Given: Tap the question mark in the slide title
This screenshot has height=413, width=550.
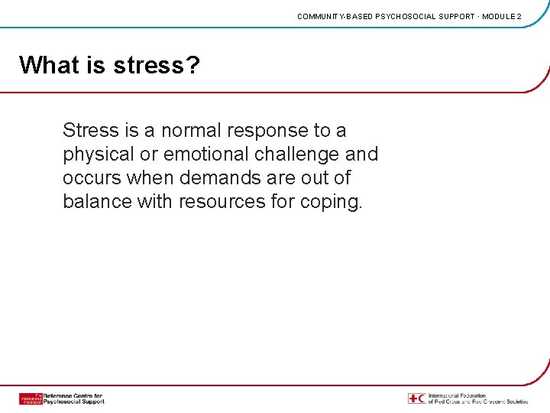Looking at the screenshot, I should (x=192, y=65).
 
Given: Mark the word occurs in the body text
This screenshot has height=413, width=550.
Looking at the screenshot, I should (x=94, y=178).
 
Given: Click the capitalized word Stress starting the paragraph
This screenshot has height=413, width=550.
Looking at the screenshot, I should (x=91, y=130).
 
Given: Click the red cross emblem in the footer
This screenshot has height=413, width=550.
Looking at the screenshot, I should (x=417, y=398).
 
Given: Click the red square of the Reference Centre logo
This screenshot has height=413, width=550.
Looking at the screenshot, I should (x=31, y=398).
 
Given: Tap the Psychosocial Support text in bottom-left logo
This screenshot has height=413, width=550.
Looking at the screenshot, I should (x=74, y=402).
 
